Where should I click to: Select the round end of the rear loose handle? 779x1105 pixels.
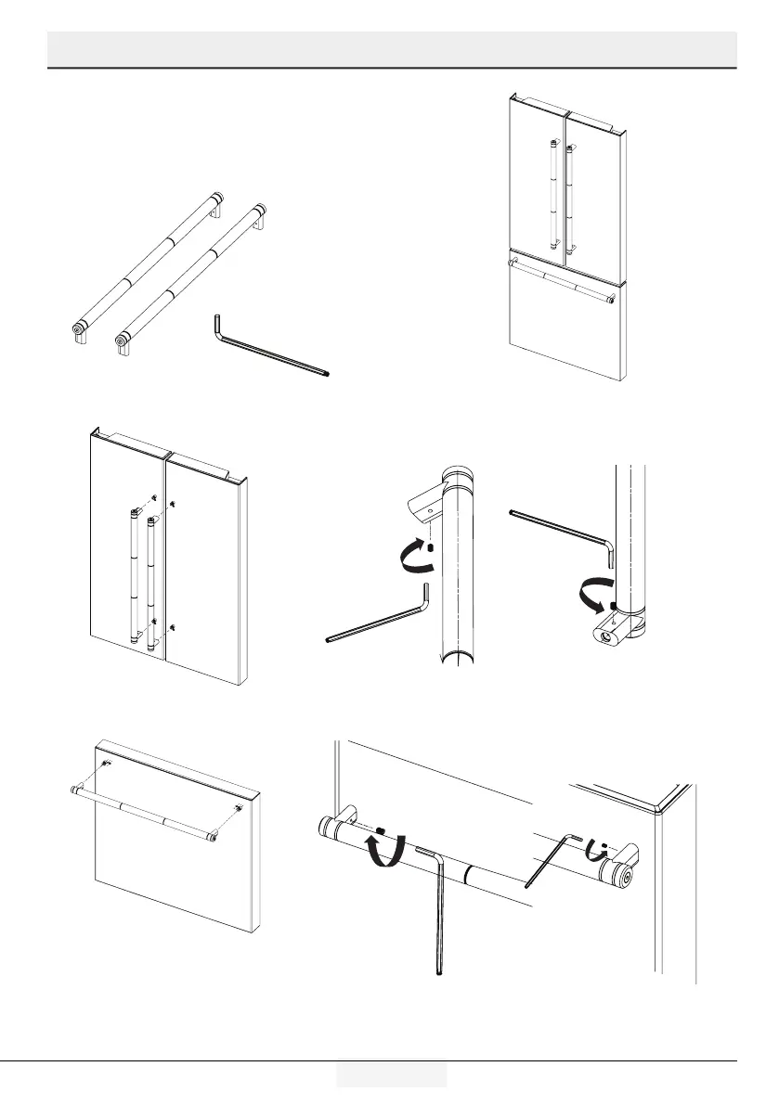78,328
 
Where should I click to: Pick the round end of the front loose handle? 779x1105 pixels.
121,340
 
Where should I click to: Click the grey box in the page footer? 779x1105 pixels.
391,1073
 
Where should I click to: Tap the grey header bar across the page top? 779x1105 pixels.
391,48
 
